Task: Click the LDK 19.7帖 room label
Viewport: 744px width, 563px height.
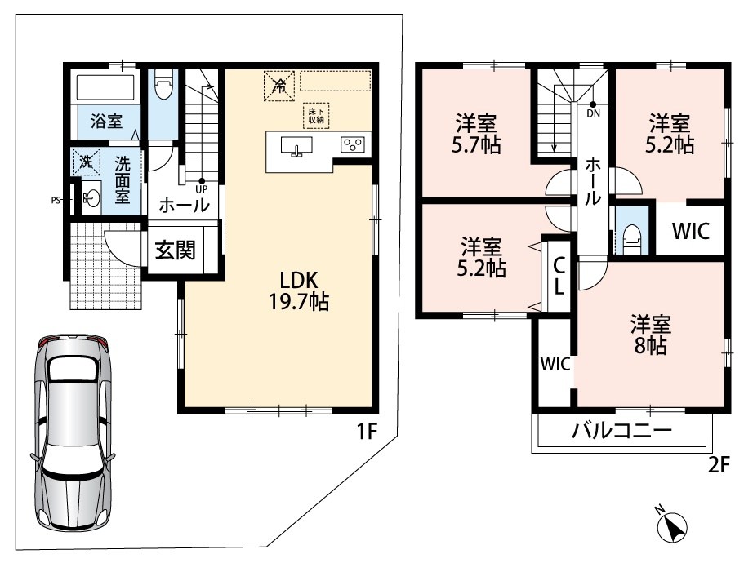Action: click(299, 290)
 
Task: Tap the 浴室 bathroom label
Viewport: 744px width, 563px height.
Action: click(107, 122)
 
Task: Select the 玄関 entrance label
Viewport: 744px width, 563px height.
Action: click(175, 250)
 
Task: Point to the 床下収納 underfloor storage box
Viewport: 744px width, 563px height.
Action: click(316, 116)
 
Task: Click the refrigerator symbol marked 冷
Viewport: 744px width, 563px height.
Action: click(279, 86)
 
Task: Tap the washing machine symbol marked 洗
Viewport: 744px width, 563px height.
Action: click(86, 162)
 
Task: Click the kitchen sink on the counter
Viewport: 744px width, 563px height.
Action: click(297, 145)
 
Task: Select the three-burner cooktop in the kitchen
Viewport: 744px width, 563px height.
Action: click(353, 144)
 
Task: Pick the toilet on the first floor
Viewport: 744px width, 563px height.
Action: click(163, 86)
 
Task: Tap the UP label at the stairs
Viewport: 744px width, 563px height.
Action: click(202, 189)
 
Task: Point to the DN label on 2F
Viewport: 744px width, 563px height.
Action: click(593, 113)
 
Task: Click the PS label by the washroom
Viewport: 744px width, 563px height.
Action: click(56, 200)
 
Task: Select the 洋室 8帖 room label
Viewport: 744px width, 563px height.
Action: click(650, 335)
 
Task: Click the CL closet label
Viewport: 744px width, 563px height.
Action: click(559, 277)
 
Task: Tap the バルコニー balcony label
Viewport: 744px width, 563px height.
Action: click(622, 431)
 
